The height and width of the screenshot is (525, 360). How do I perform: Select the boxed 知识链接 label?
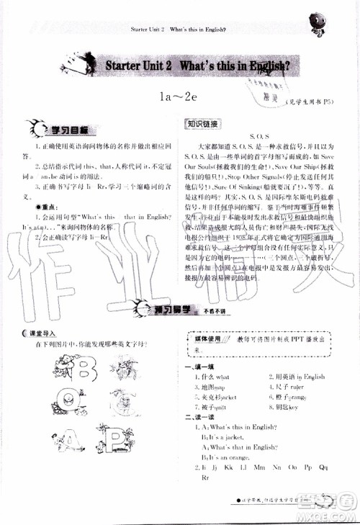(200, 122)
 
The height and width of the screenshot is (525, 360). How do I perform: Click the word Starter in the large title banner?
(127, 67)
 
